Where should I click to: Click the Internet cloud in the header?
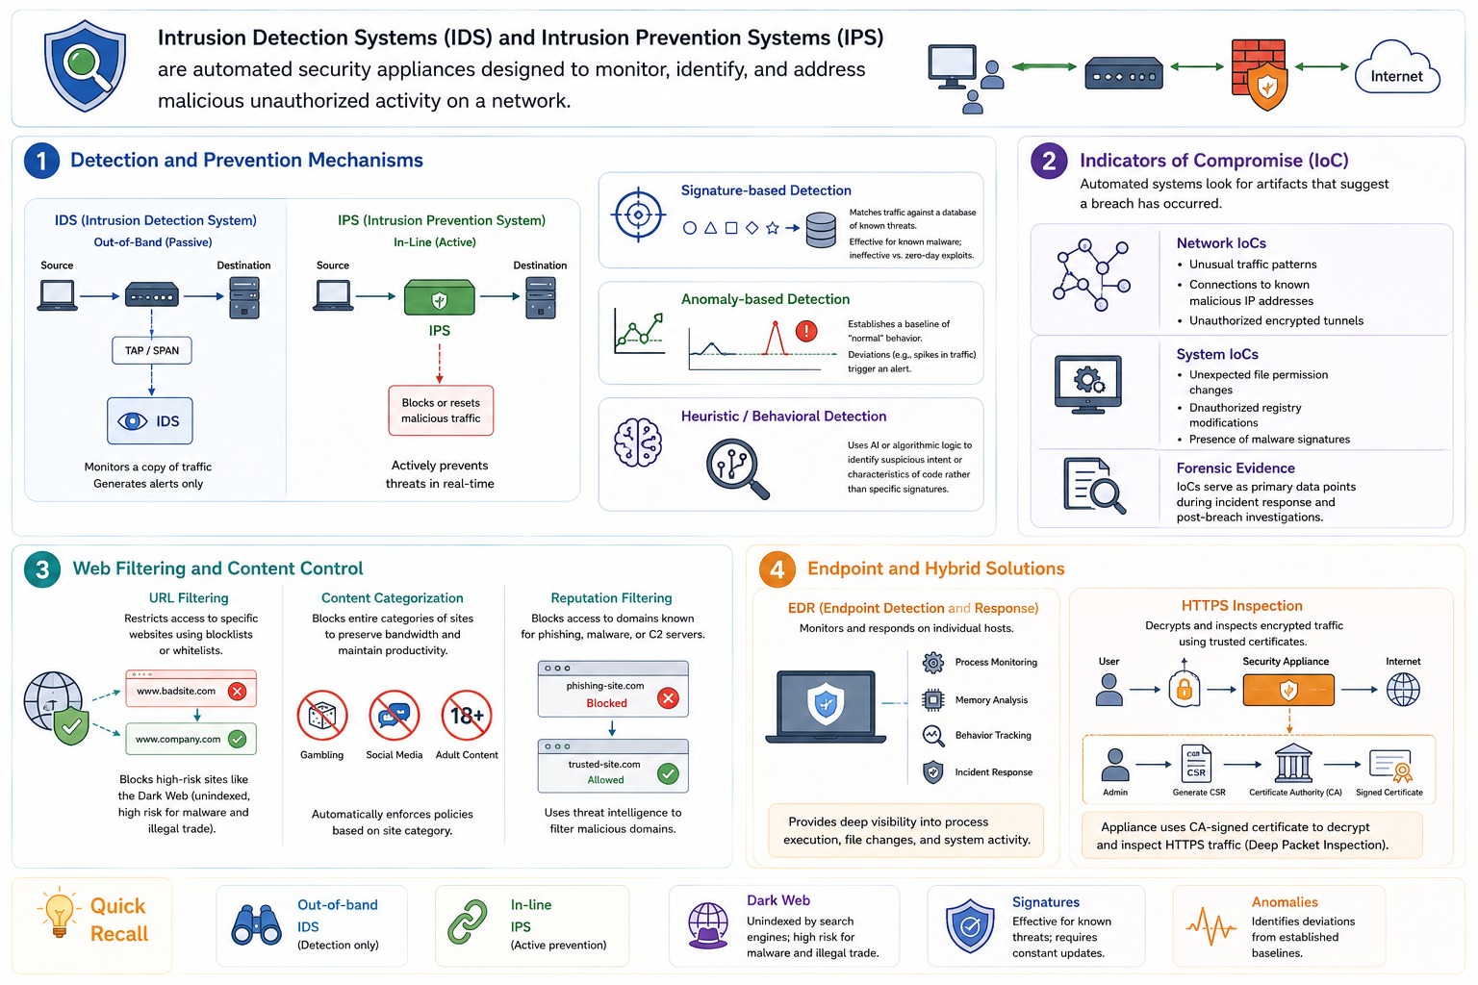pyautogui.click(x=1397, y=68)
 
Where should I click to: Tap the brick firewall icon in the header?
pyautogui.click(x=1259, y=73)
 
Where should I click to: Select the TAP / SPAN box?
pyautogui.click(x=152, y=350)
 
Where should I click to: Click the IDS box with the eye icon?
pyautogui.click(x=150, y=421)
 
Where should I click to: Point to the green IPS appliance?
pyautogui.click(x=440, y=297)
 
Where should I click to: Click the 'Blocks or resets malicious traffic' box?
pyautogui.click(x=441, y=411)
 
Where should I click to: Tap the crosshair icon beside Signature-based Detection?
pyautogui.click(x=638, y=215)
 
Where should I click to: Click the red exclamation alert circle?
pyautogui.click(x=806, y=331)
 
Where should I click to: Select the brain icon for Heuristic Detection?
pyautogui.click(x=637, y=442)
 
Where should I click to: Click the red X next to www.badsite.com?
pyautogui.click(x=237, y=691)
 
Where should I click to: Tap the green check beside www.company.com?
pyautogui.click(x=237, y=739)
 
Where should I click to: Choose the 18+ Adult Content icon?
pyautogui.click(x=467, y=716)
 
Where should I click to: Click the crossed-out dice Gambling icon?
pyautogui.click(x=322, y=716)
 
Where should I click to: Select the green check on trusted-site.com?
pyautogui.click(x=669, y=773)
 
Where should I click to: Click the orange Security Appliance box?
pyautogui.click(x=1288, y=690)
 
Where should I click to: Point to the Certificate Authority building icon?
pyautogui.click(x=1293, y=764)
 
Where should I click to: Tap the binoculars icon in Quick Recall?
pyautogui.click(x=256, y=924)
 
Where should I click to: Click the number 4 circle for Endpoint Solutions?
pyautogui.click(x=777, y=569)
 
